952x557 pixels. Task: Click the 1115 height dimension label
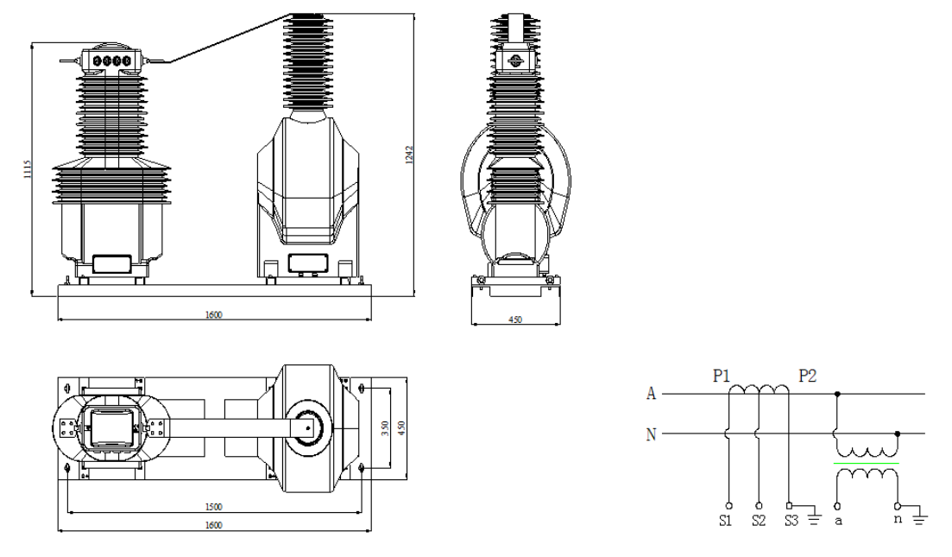click(x=27, y=169)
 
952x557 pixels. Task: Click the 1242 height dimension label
click(x=409, y=155)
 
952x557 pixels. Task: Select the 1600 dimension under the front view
click(x=214, y=314)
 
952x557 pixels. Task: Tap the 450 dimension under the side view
click(x=515, y=320)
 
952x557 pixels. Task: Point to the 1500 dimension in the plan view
click(x=214, y=507)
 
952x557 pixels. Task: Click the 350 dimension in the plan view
click(x=385, y=429)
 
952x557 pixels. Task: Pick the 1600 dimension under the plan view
click(x=214, y=525)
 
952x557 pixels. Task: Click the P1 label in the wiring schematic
click(x=722, y=376)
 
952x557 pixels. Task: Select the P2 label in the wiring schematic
click(x=808, y=376)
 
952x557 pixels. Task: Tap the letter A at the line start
click(x=652, y=394)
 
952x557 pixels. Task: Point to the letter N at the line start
click(x=652, y=434)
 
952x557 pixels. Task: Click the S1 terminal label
click(x=726, y=521)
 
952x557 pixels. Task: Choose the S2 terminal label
click(x=759, y=521)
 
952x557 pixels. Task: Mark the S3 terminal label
click(x=791, y=521)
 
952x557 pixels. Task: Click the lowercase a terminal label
click(x=838, y=522)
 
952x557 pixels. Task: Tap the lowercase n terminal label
click(x=898, y=520)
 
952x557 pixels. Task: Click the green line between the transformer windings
click(x=866, y=464)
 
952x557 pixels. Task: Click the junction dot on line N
click(x=898, y=434)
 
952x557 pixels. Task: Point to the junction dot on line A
click(x=838, y=394)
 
